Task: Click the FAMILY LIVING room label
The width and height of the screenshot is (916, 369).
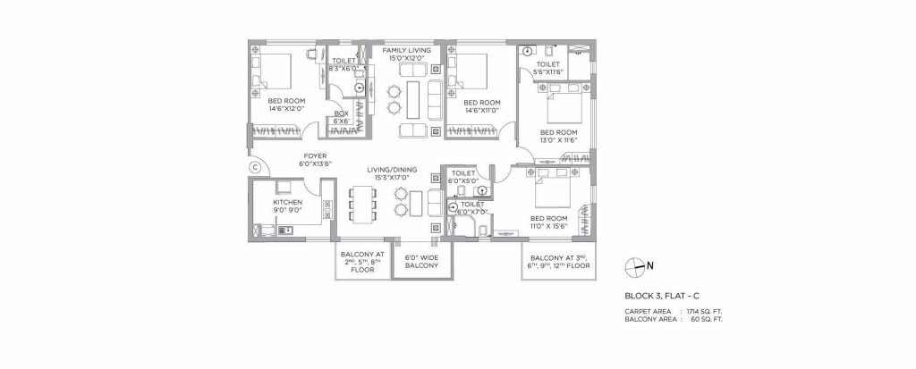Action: tap(406, 52)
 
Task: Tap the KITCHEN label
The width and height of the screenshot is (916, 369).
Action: tap(287, 203)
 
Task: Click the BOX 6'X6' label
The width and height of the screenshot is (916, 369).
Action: tap(341, 117)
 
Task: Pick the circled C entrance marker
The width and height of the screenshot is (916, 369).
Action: tap(254, 165)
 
